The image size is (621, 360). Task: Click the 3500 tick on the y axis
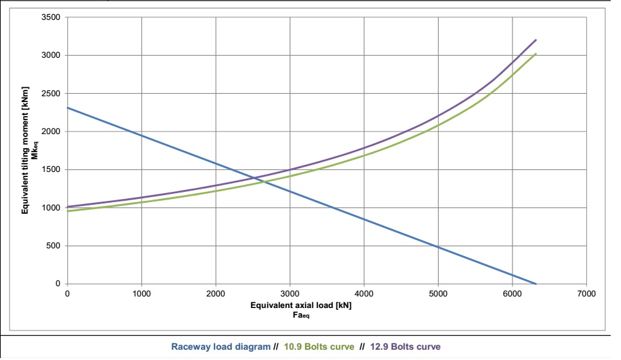coord(51,17)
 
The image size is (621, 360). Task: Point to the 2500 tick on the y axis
coord(51,94)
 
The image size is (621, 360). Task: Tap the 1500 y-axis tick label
coord(51,170)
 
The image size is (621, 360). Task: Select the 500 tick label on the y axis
coord(54,246)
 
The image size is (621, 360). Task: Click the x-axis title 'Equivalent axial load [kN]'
coord(301,305)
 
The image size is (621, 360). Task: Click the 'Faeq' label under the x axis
coord(302,315)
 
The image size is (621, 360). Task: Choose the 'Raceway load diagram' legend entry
coord(220,347)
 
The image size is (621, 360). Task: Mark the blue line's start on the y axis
coord(67,107)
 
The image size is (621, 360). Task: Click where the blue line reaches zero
coord(536,284)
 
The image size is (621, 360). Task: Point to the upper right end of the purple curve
coord(536,40)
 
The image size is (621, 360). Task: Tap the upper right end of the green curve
coord(536,54)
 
